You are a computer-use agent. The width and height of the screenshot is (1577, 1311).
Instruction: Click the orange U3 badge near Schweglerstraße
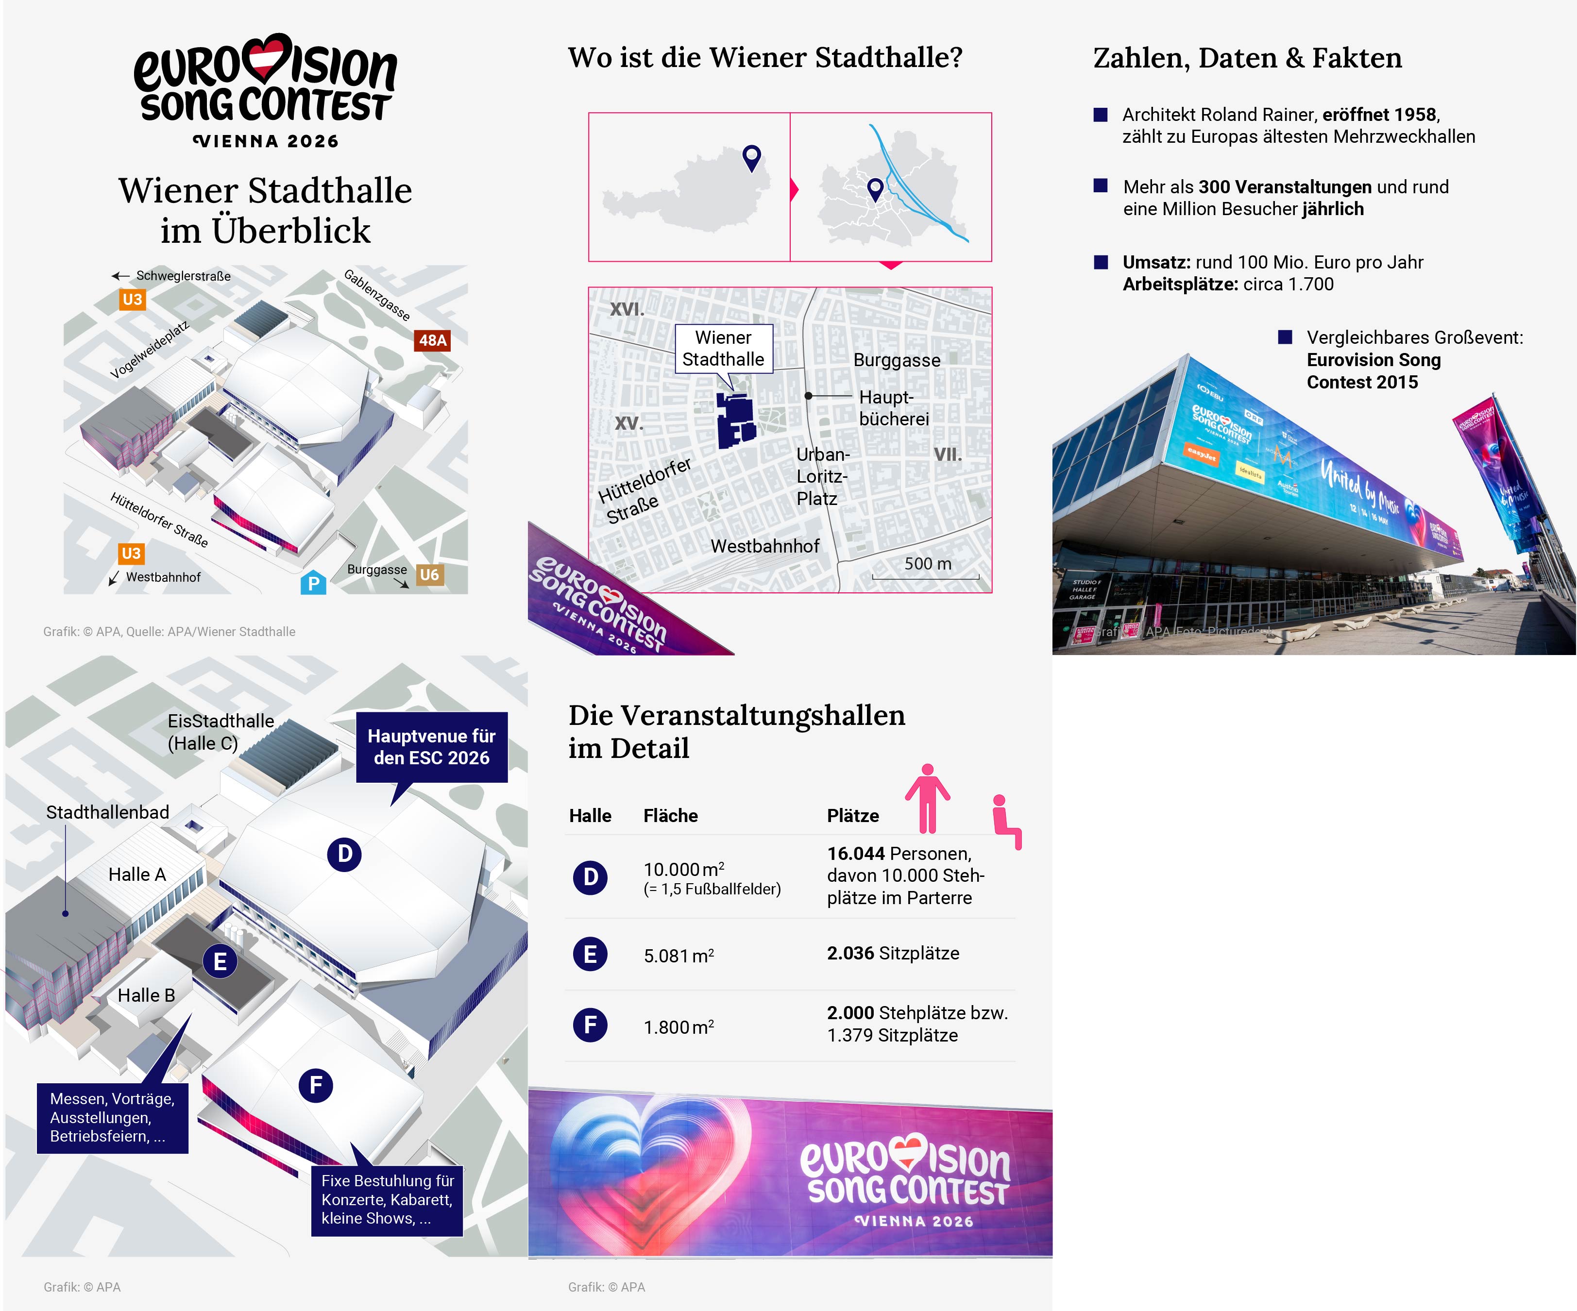132,300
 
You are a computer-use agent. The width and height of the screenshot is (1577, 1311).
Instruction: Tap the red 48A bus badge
433,340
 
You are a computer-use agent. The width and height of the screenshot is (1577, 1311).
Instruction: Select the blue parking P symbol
313,583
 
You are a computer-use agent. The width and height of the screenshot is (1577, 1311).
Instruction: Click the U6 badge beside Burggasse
429,574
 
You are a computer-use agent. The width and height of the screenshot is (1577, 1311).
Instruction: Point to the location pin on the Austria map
752,157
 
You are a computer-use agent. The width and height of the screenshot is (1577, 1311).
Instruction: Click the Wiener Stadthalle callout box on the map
723,349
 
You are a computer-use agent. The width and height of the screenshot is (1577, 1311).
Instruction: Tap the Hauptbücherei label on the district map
894,408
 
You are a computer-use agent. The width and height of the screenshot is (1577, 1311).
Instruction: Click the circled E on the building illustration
220,961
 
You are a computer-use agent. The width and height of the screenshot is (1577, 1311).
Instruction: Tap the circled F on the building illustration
316,1085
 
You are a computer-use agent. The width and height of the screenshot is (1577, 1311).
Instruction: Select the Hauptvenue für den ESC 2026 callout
431,747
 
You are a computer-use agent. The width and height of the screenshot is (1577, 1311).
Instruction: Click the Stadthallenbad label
107,812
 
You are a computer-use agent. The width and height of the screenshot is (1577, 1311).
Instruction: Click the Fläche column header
670,815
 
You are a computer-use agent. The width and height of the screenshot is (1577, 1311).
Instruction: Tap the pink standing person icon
928,798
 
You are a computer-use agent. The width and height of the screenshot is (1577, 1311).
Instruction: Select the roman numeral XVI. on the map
627,309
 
